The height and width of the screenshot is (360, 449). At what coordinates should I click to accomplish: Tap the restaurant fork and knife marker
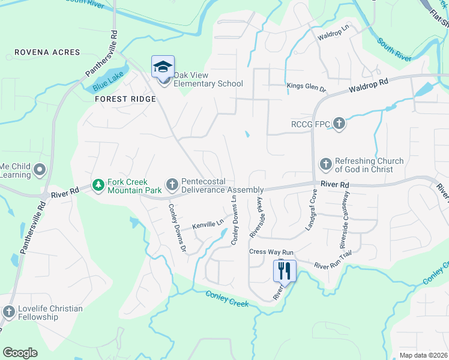[285, 271]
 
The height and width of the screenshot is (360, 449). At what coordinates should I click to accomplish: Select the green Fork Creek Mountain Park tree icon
[98, 184]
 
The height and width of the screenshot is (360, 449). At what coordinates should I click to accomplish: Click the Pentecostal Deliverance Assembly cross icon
[172, 184]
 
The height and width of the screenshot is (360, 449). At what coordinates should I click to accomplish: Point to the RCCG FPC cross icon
[339, 124]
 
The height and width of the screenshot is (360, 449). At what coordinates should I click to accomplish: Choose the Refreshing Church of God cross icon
[325, 163]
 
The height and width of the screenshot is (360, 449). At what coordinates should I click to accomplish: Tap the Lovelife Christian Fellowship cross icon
[8, 311]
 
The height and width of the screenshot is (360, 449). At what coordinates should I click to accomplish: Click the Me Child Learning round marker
[40, 169]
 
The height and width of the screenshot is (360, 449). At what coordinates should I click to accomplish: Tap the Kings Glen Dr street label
[306, 88]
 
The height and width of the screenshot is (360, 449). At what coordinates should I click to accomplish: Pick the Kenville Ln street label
[207, 225]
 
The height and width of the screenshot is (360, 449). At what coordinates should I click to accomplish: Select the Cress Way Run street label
[271, 253]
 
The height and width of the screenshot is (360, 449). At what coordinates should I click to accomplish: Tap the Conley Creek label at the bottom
[226, 298]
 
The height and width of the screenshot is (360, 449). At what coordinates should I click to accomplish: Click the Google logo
[20, 352]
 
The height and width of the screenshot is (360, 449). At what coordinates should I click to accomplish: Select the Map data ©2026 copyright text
[423, 355]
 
